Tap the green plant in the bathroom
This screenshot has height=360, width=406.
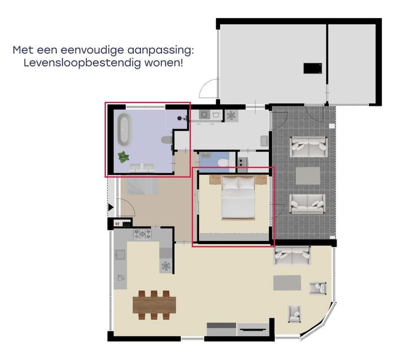coord(123,157)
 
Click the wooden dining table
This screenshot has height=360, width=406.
coord(154,304)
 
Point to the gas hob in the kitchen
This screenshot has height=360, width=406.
coord(141,233)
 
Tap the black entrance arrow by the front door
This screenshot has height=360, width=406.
coord(111,208)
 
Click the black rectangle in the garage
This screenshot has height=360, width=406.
coord(312,68)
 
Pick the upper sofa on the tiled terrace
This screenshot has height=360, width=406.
coord(308,148)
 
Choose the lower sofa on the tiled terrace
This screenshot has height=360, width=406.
coord(307,203)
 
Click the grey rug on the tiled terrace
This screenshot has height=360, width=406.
coord(308,175)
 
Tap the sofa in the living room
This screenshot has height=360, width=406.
coord(292,255)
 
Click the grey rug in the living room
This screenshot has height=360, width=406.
coord(287,282)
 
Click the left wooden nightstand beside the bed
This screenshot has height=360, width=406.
coord(214,180)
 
